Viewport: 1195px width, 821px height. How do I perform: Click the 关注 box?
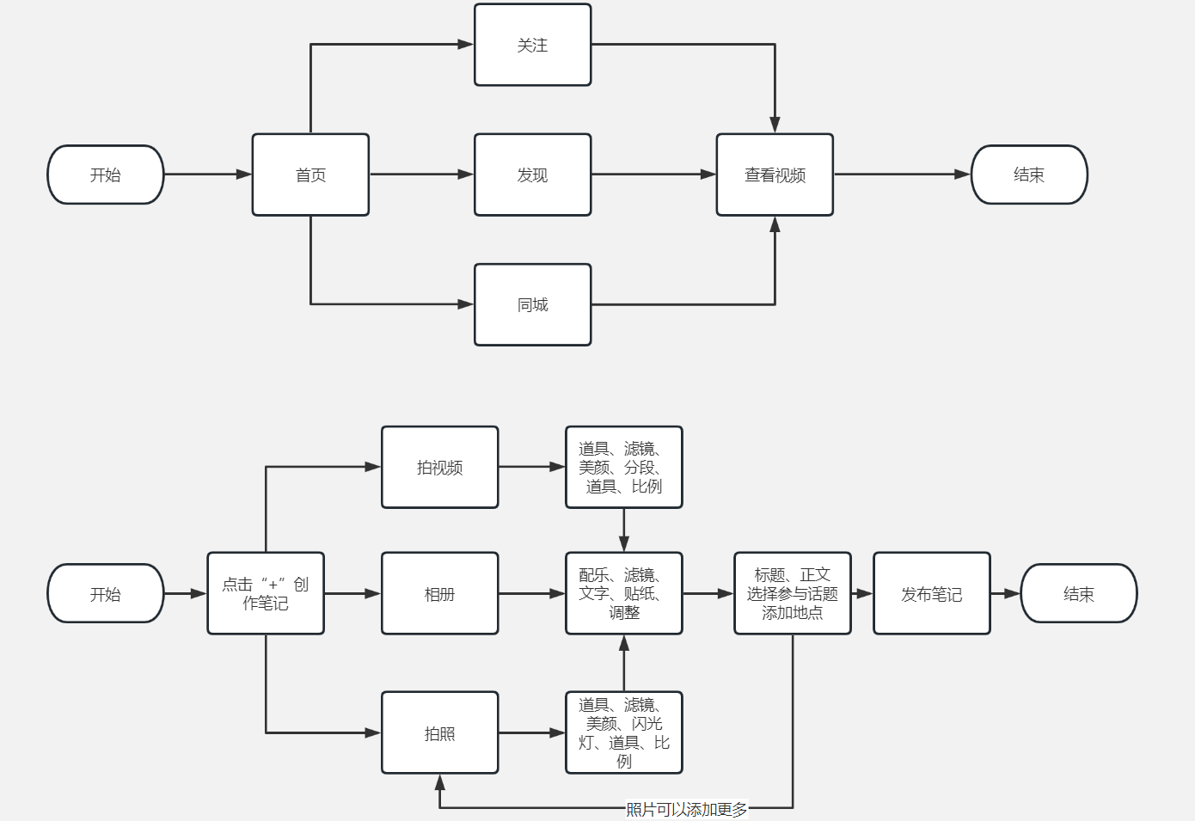coord(532,45)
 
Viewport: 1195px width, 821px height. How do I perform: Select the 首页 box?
coord(310,175)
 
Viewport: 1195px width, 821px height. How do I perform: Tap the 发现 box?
coord(532,175)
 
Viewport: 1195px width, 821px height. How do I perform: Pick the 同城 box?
coord(532,304)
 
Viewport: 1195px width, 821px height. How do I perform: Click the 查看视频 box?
coord(775,175)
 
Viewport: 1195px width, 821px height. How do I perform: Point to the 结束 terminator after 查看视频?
coord(1029,175)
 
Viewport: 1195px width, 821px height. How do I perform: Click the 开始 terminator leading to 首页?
coord(105,175)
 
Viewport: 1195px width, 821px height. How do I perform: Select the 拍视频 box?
coord(439,467)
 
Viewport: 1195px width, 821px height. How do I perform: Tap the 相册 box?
coord(439,593)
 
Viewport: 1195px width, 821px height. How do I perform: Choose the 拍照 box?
coord(439,732)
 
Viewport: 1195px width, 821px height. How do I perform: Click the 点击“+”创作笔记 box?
coord(266,593)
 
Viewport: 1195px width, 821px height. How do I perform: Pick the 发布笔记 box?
coord(931,593)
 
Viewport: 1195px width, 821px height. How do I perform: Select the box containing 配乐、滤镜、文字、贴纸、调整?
coord(623,593)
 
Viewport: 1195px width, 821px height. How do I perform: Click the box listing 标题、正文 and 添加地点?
coord(792,593)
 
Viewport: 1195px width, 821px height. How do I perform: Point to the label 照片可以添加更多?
coord(686,809)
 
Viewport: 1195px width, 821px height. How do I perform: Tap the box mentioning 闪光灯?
coord(623,732)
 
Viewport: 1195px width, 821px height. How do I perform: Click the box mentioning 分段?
coord(623,467)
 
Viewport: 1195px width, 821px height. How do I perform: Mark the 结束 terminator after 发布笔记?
coord(1078,593)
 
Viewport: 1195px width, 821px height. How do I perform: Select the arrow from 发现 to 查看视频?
coord(653,175)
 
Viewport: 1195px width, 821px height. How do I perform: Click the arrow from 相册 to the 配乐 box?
coord(531,593)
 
